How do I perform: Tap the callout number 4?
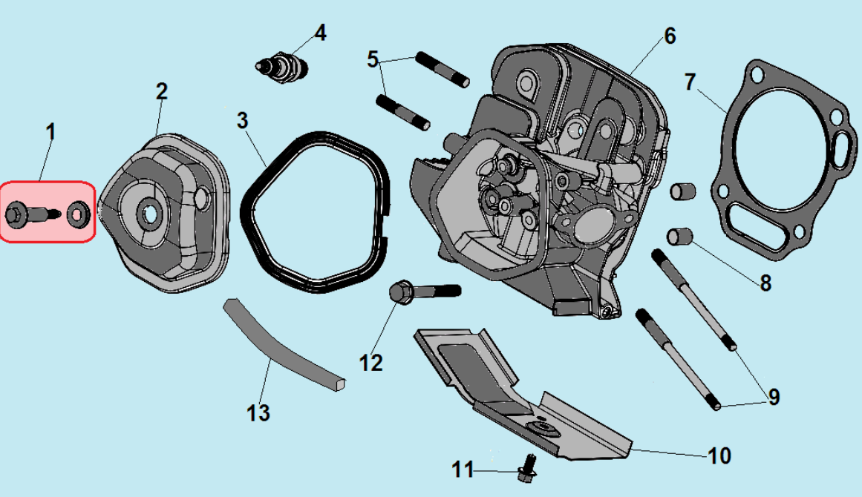[320, 33]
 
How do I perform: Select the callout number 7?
[690, 82]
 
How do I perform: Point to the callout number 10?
[719, 455]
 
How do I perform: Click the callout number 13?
[258, 412]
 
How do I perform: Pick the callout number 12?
[370, 363]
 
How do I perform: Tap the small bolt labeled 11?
[528, 466]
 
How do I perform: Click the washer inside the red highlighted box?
[77, 214]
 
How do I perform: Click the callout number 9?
[774, 398]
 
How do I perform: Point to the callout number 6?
[670, 35]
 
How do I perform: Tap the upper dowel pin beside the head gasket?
[682, 191]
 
